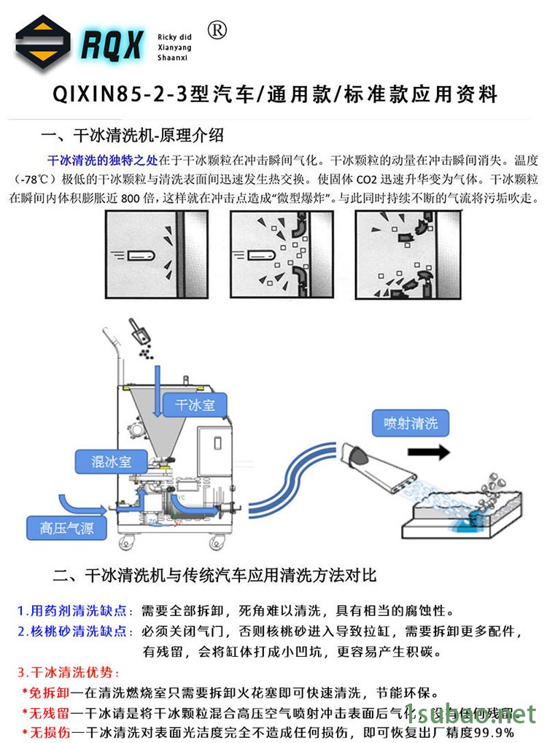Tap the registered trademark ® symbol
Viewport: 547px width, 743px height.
(x=217, y=29)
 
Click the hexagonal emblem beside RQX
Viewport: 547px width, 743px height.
(x=43, y=45)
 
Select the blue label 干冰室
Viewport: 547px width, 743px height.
(x=194, y=404)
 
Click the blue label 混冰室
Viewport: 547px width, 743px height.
(x=110, y=462)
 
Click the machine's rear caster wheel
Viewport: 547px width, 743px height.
(x=216, y=544)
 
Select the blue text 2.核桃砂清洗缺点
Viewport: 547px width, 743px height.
(x=75, y=631)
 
